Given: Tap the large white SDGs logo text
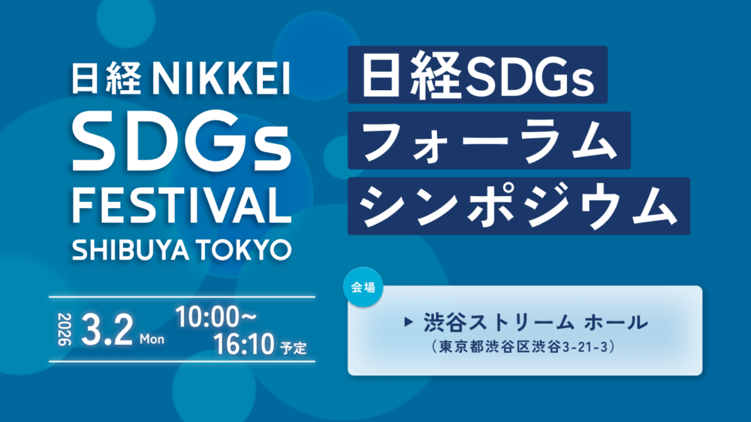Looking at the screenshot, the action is point(182,141).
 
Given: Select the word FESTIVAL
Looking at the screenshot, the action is point(182,206).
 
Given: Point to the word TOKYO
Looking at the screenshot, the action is point(243,250).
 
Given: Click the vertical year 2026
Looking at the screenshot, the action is point(64,330).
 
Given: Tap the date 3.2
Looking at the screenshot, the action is point(107,330).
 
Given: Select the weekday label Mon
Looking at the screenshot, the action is point(152,339).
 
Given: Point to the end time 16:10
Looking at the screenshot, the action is point(244,344).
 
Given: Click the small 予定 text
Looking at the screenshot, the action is point(294,348).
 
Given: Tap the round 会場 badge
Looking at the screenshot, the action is point(363,287).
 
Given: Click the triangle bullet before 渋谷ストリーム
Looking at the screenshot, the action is point(409,322).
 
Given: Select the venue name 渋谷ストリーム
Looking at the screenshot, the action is point(499,322).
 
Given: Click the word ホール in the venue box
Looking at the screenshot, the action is point(616,322).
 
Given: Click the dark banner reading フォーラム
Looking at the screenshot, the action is point(489,140).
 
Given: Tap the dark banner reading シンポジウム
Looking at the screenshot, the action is point(519,206).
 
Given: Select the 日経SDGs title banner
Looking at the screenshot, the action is point(478,75).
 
